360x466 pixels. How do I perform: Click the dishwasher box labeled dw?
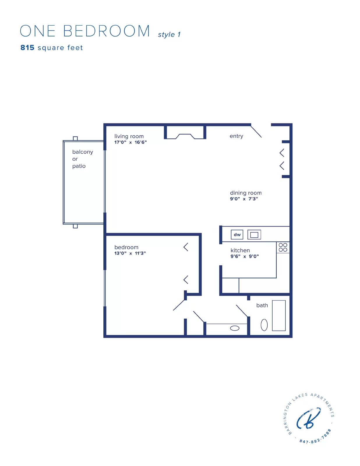click(x=237, y=234)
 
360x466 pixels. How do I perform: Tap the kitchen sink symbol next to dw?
click(x=254, y=235)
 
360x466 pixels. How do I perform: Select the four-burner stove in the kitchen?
click(x=283, y=247)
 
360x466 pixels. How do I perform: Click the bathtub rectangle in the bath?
click(x=279, y=315)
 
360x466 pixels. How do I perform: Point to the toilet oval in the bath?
click(x=264, y=325)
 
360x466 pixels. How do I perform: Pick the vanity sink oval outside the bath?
click(x=234, y=328)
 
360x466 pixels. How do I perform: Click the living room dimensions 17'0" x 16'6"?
click(x=130, y=142)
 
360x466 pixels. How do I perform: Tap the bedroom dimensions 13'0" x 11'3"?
click(x=130, y=253)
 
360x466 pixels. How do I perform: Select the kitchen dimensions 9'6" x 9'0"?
click(x=245, y=256)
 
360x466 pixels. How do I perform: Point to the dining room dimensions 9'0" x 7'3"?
click(x=244, y=199)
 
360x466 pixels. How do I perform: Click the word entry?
click(x=236, y=136)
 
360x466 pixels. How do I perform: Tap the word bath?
click(x=262, y=305)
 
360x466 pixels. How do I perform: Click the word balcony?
click(x=82, y=152)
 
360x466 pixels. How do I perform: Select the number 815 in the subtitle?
click(x=27, y=47)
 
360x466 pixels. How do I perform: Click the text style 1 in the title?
click(x=169, y=34)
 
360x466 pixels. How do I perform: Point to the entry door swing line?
click(x=256, y=131)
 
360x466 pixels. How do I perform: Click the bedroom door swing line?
click(x=179, y=305)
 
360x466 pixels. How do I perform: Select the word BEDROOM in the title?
click(x=106, y=31)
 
